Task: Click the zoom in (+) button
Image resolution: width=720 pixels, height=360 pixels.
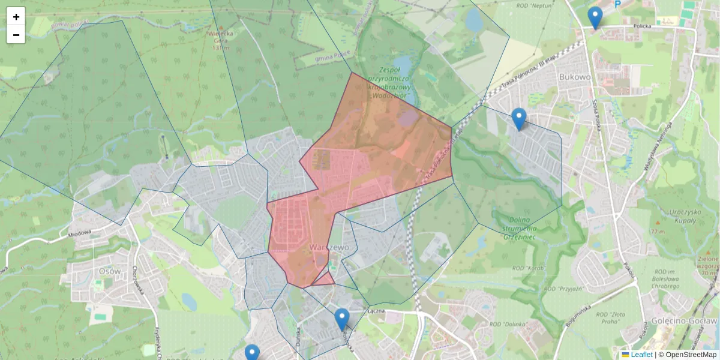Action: [16, 17]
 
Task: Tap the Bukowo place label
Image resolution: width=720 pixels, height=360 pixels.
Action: [574, 77]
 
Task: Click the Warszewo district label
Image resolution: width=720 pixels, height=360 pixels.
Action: [326, 247]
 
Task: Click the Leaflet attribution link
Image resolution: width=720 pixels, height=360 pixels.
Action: [641, 355]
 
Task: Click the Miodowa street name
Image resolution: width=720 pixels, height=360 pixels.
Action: [79, 233]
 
